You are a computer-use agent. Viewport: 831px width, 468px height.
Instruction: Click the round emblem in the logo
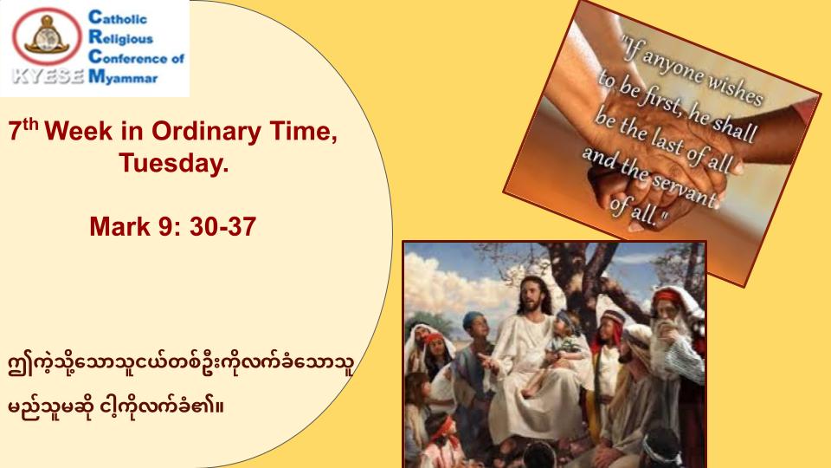point(47,36)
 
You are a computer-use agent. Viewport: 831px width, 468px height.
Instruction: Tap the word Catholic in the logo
point(118,18)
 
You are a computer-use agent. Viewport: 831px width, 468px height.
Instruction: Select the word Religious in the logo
point(121,37)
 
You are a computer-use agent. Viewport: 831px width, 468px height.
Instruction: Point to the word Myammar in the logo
point(124,77)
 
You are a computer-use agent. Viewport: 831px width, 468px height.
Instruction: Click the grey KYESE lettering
point(48,76)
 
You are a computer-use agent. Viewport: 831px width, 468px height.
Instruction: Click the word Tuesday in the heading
point(174,162)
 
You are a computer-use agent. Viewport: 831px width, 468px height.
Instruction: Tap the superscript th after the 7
point(31,125)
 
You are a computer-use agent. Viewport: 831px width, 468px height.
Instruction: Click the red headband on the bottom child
point(443,427)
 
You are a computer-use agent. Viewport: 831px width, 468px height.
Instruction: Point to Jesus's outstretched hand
point(488,362)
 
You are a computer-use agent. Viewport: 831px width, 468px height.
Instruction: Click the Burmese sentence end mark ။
point(219,407)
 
